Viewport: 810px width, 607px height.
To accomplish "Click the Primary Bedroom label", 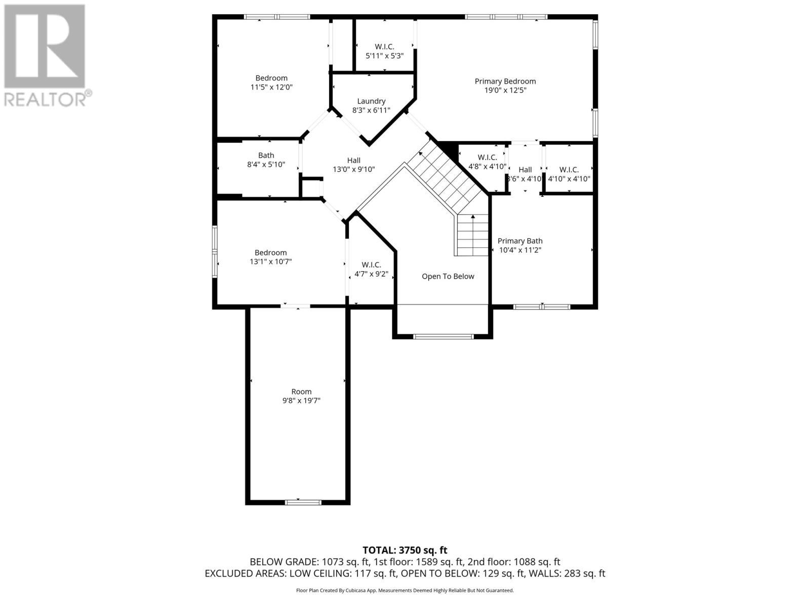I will (x=505, y=81).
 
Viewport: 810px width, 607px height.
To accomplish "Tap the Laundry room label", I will (x=371, y=101).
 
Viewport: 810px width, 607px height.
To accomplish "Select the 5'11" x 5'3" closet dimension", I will (x=384, y=56).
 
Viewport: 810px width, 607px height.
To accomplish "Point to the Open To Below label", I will (x=448, y=276).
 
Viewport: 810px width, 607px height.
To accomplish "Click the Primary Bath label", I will (x=520, y=241).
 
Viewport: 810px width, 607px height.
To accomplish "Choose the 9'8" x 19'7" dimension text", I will (x=301, y=401).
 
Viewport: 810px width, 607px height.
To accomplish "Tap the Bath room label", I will (x=266, y=155).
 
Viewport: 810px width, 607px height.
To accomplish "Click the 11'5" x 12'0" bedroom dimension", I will (x=271, y=87).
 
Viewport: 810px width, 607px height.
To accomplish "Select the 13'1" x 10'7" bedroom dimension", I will (x=270, y=262).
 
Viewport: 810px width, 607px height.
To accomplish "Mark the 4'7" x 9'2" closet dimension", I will (x=371, y=274).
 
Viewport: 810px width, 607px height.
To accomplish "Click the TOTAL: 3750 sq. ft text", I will (x=405, y=550).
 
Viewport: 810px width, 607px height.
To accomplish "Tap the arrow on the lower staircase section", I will (x=473, y=218).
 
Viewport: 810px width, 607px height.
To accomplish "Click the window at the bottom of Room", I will (x=303, y=502).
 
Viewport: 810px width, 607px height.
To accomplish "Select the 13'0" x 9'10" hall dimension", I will (x=353, y=169).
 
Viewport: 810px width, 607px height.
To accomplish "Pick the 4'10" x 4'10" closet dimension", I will (x=569, y=179).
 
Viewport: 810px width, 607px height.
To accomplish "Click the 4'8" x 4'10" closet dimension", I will (x=487, y=166).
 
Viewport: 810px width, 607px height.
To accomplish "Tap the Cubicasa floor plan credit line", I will (x=405, y=590).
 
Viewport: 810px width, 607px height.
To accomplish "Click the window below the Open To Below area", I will (x=443, y=336).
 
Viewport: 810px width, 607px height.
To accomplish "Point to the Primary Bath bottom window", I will (x=542, y=307).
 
